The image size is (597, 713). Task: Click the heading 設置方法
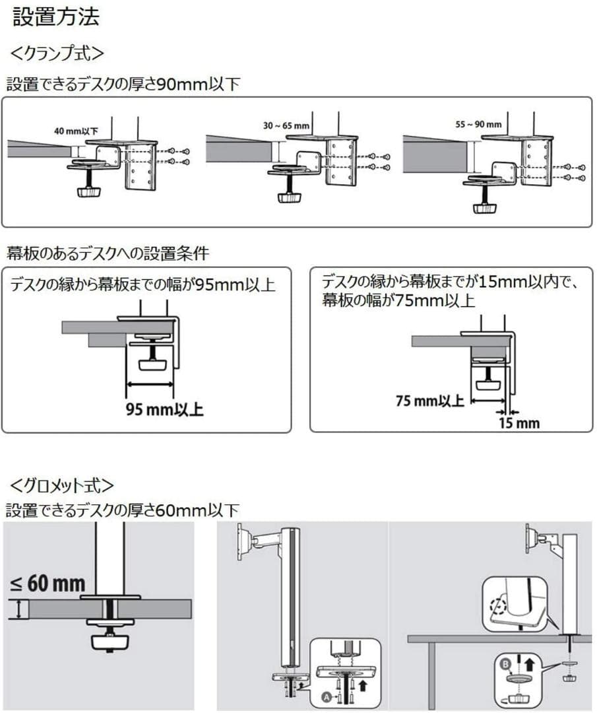pyautogui.click(x=56, y=17)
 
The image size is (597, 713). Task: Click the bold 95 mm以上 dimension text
pyautogui.click(x=165, y=409)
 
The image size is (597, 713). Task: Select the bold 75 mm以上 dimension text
pyautogui.click(x=430, y=401)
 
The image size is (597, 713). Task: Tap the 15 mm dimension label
pyautogui.click(x=519, y=423)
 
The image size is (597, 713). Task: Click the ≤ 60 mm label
pyautogui.click(x=48, y=583)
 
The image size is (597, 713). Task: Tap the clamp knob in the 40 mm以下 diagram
pyautogui.click(x=87, y=191)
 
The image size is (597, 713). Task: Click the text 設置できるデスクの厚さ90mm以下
pyautogui.click(x=123, y=85)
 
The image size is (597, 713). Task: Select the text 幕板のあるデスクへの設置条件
pyautogui.click(x=108, y=252)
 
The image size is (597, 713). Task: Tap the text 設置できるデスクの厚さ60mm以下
pyautogui.click(x=123, y=510)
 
